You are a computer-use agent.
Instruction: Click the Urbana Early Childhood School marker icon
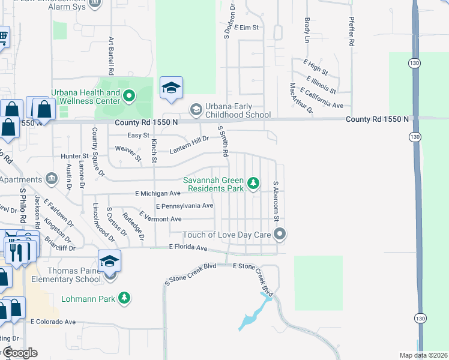(x=196, y=110)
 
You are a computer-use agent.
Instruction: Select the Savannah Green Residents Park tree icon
(x=254, y=184)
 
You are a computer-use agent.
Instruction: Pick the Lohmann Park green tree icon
(x=124, y=298)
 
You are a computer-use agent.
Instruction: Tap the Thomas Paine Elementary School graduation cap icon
(x=110, y=262)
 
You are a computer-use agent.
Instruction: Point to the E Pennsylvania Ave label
(x=184, y=206)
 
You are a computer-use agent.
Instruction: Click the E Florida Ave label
(x=188, y=247)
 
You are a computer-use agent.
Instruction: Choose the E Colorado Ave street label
(x=53, y=322)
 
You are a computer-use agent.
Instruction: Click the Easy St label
(x=137, y=136)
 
